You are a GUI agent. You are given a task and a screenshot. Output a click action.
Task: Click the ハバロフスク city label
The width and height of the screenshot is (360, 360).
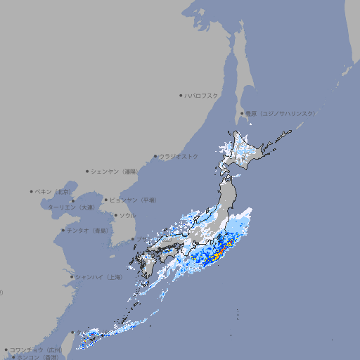point(201,95)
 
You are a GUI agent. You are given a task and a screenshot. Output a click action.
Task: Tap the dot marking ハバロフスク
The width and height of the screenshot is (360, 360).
point(181,95)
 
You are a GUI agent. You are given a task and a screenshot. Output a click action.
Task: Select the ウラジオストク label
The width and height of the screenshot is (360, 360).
point(179,156)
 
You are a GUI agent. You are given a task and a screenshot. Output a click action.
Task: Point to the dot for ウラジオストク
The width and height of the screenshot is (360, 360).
point(155,156)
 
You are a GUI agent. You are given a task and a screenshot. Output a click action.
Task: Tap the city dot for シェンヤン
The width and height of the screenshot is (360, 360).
point(87,171)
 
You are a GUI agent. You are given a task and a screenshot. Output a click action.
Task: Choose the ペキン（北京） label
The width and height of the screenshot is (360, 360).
point(53,191)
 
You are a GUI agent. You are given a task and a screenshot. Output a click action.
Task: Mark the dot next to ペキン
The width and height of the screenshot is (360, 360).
point(32,191)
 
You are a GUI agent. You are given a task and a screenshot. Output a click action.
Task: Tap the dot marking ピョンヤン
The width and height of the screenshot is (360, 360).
point(106,200)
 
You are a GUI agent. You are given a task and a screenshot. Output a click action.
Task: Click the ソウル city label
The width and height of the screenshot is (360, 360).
point(127,215)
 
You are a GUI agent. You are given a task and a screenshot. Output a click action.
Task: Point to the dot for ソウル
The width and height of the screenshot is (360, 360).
point(114,215)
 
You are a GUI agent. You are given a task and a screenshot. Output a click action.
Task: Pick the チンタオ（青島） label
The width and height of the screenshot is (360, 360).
point(88,231)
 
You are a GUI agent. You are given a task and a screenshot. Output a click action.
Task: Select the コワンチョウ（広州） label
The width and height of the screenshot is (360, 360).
point(35,349)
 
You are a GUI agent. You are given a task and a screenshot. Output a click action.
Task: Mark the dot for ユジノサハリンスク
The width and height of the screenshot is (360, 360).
point(242,113)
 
